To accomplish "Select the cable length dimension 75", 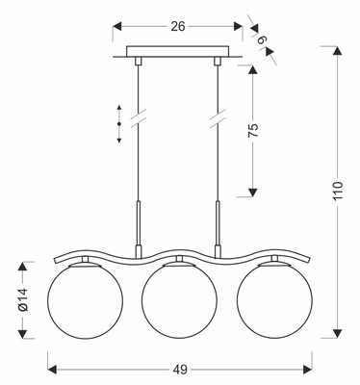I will (253, 132).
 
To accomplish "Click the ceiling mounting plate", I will (179, 54).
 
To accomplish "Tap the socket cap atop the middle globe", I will (179, 262).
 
